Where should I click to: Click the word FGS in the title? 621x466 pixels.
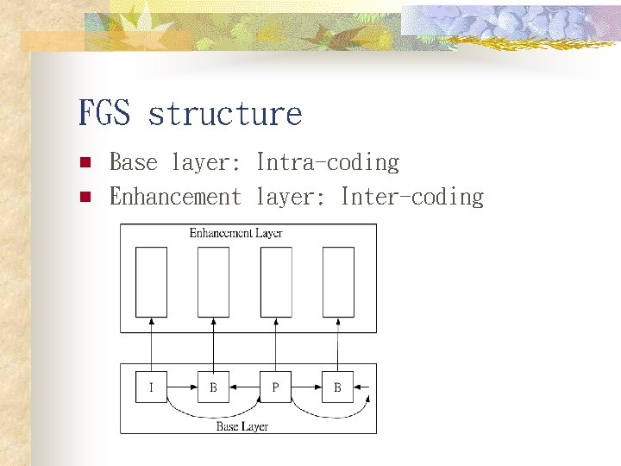click(104, 113)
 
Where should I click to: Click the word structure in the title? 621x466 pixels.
click(224, 113)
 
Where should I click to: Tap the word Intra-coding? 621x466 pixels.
click(328, 162)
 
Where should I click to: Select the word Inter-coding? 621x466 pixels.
click(412, 197)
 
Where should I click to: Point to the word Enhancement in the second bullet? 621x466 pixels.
click(175, 197)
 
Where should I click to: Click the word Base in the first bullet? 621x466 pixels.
click(134, 162)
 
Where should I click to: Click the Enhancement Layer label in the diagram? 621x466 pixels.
click(235, 233)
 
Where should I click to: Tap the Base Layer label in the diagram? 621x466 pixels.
click(242, 426)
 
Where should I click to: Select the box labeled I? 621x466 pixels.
click(152, 387)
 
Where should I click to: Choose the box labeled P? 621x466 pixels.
click(276, 387)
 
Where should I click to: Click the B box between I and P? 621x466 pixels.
click(214, 387)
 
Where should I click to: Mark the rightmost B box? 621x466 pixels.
click(338, 387)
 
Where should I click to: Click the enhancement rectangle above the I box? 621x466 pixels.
click(152, 281)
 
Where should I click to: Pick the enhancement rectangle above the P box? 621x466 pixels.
click(276, 281)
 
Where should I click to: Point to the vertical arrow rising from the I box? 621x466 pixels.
click(152, 344)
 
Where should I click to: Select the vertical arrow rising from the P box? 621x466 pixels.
click(276, 344)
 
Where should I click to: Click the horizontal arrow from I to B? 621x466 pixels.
click(183, 387)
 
